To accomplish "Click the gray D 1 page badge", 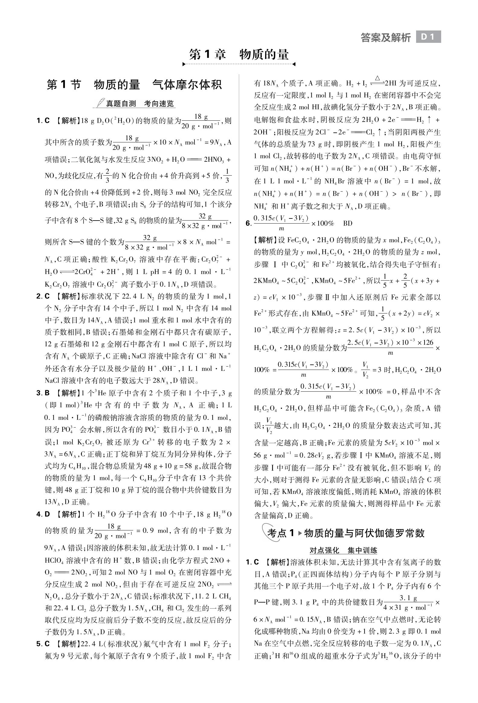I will coord(428,37).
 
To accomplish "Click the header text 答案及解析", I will coord(386,37).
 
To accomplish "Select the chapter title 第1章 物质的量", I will coord(239,54).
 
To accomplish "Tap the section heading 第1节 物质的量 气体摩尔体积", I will coord(134,85).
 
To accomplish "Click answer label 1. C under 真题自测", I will coord(43,121).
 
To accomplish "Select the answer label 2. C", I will coord(43,296).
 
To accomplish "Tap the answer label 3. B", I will coord(43,393).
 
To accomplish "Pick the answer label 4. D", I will coord(43,514).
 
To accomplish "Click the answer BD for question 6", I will coord(348,224).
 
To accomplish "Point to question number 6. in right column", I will coord(249,224).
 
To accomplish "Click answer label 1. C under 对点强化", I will coord(252,562).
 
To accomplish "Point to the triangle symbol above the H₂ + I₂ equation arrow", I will coord(377,78).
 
